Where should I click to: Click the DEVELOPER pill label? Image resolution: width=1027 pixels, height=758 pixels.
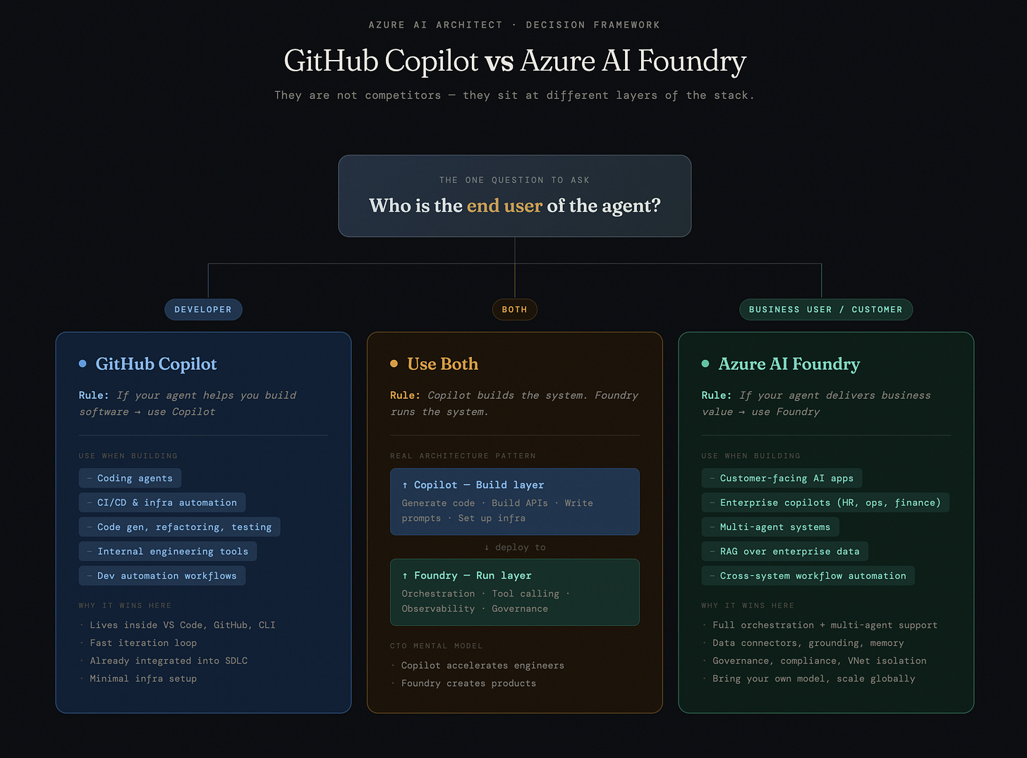[203, 310]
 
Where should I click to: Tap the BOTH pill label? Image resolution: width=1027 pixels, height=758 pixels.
[514, 310]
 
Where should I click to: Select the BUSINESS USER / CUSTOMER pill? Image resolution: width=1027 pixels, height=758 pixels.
[825, 310]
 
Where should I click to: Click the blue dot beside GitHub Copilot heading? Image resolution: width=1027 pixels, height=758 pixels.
[83, 363]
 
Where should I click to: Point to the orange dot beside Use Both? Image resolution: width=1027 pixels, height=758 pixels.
[394, 363]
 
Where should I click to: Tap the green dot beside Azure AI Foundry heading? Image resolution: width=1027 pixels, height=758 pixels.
[705, 363]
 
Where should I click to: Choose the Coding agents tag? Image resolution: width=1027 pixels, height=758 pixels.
[130, 479]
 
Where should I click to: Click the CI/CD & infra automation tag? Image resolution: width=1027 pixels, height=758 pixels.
[162, 503]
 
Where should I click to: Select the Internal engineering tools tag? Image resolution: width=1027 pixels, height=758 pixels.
[168, 551]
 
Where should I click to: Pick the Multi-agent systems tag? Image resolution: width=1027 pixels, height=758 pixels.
[770, 527]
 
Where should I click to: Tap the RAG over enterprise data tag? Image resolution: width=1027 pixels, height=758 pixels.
[784, 551]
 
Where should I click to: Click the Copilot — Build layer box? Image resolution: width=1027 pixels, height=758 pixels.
[514, 502]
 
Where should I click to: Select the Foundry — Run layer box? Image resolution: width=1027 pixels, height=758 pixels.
[514, 592]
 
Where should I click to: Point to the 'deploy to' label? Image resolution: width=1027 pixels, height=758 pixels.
[515, 548]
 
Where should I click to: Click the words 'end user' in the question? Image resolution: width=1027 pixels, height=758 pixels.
[504, 205]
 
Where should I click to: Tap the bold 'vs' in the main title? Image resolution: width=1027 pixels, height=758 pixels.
[499, 61]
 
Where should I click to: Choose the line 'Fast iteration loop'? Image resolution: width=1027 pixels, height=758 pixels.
[143, 643]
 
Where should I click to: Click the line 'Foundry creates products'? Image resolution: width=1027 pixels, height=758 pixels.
[468, 683]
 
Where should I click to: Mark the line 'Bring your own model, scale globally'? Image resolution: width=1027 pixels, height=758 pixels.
[813, 679]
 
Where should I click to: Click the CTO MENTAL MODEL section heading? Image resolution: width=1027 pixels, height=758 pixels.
[437, 646]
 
